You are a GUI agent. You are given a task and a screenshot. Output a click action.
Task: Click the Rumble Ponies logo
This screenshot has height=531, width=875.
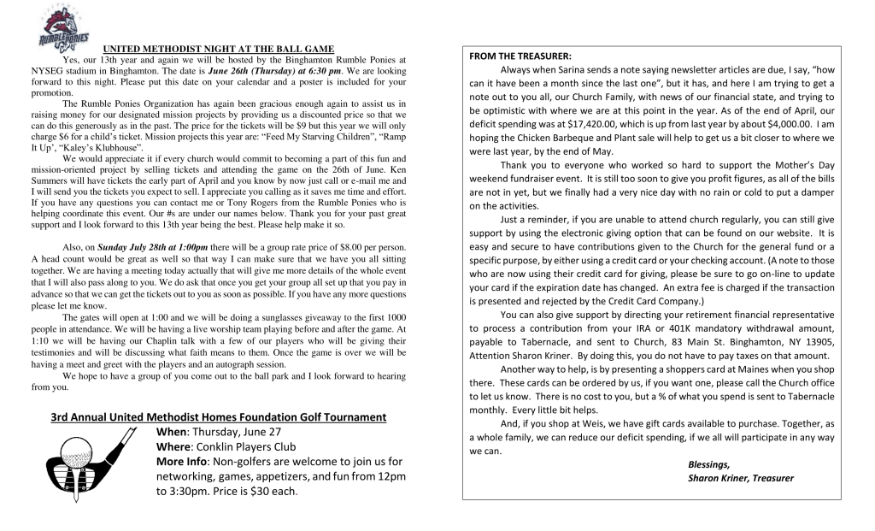click(x=52, y=27)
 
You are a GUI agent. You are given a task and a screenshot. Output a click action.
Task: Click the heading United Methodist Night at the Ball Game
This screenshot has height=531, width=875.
click(x=219, y=49)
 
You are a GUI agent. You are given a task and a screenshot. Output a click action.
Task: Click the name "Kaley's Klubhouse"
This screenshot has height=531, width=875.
click(x=108, y=148)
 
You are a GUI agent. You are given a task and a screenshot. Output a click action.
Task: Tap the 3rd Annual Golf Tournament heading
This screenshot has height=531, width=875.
click(x=218, y=416)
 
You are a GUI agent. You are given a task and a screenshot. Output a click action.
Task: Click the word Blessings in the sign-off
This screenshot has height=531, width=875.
click(x=708, y=463)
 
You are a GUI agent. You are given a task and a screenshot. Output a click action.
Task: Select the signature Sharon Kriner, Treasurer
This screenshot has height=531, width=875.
click(x=740, y=478)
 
